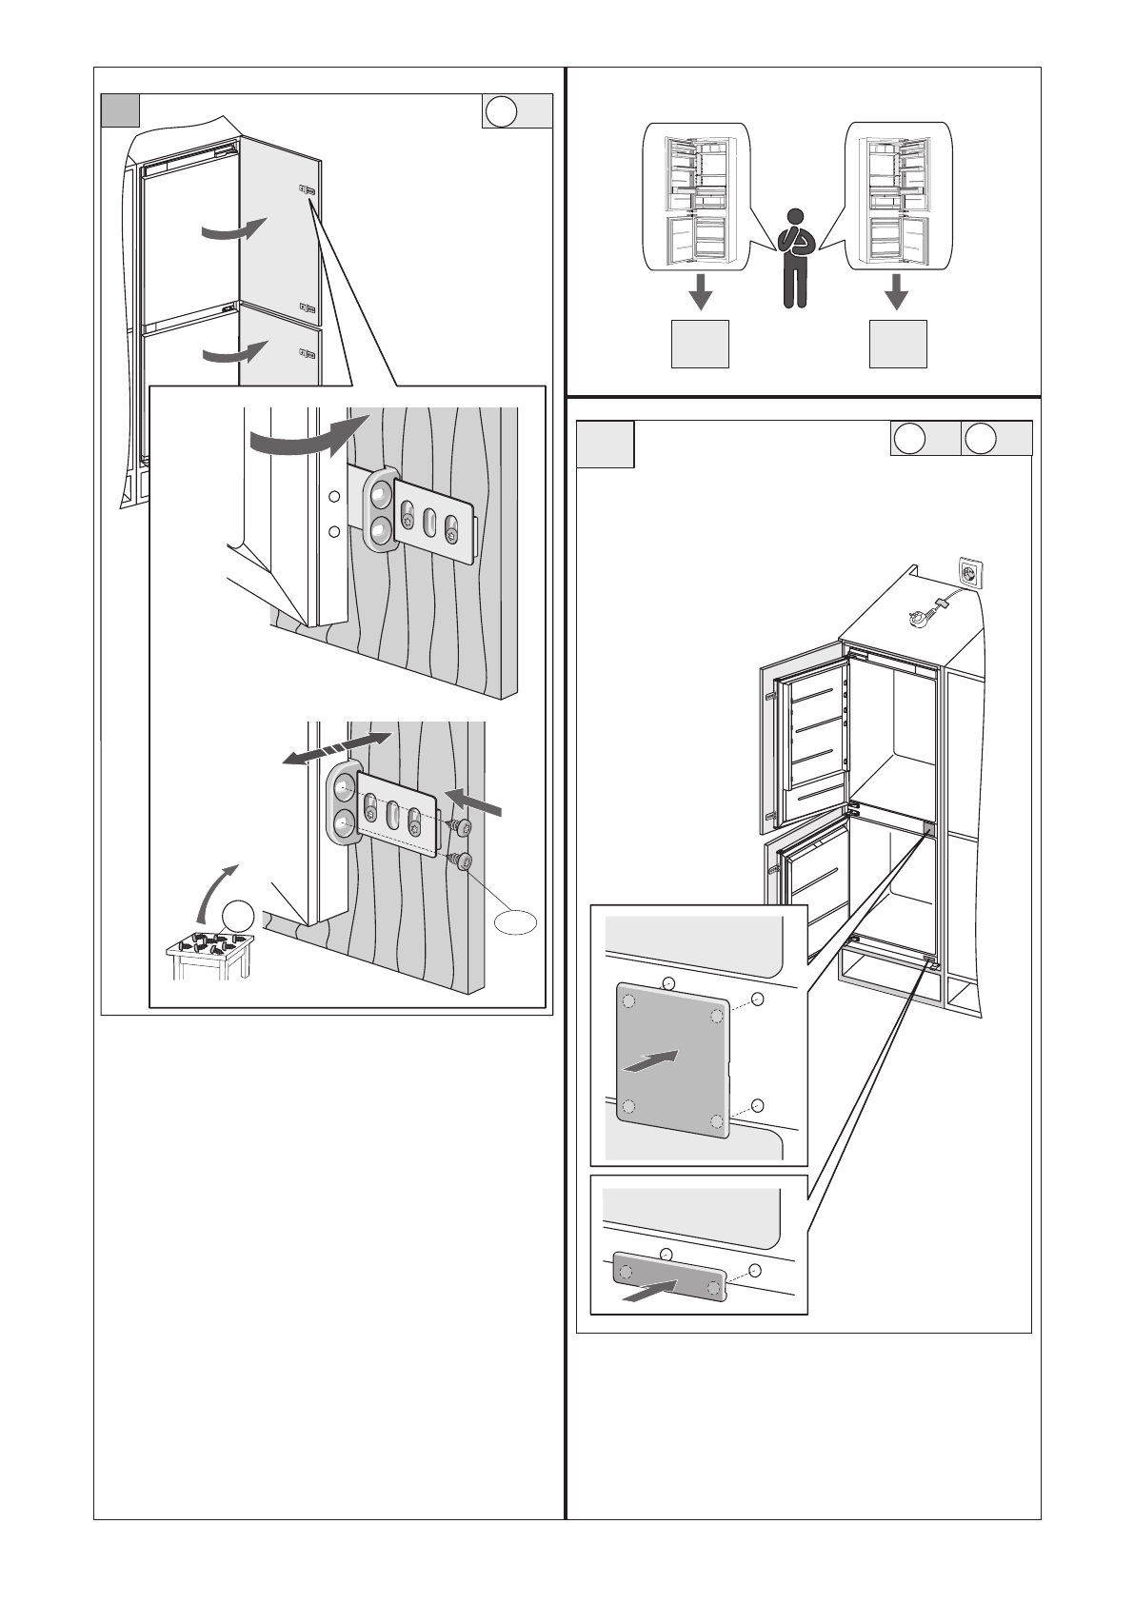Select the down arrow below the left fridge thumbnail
pyautogui.click(x=700, y=291)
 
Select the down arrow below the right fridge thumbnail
pyautogui.click(x=895, y=291)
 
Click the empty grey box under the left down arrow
pyautogui.click(x=700, y=345)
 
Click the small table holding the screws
pyautogui.click(x=210, y=955)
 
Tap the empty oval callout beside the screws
pyautogui.click(x=515, y=921)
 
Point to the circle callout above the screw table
pyautogui.click(x=240, y=916)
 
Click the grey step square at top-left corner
pyautogui.click(x=121, y=111)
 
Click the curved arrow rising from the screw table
pyautogui.click(x=214, y=892)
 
